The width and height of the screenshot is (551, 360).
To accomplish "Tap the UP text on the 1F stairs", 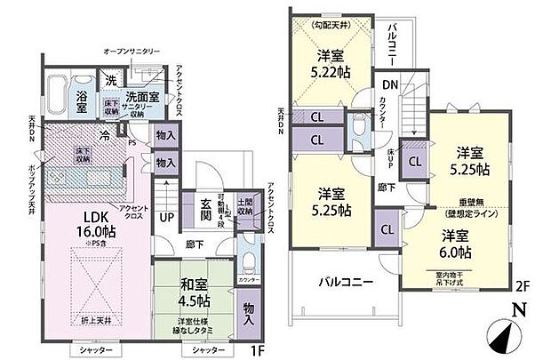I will (165, 216).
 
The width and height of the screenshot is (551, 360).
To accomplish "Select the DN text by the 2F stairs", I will (389, 84).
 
